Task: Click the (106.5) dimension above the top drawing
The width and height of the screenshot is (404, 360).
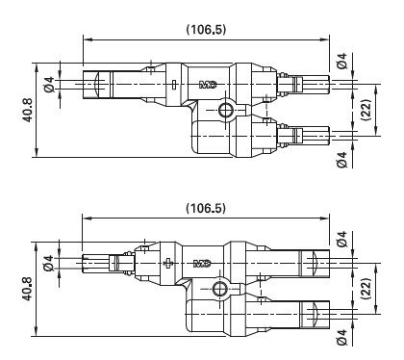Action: (x=206, y=30)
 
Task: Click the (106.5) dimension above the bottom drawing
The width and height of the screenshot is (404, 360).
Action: (x=206, y=209)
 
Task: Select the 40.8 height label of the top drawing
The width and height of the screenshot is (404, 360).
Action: (x=27, y=110)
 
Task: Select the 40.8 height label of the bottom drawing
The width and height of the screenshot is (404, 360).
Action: (x=27, y=289)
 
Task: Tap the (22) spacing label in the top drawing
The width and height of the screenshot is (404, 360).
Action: (x=366, y=110)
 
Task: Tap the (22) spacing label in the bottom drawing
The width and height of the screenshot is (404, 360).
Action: (x=366, y=289)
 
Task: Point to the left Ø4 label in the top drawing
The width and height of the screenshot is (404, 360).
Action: (x=49, y=85)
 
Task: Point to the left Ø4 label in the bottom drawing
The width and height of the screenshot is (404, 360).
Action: (x=49, y=263)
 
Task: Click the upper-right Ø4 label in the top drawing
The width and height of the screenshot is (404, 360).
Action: (x=342, y=61)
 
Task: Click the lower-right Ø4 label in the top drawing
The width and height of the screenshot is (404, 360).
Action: (x=342, y=160)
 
